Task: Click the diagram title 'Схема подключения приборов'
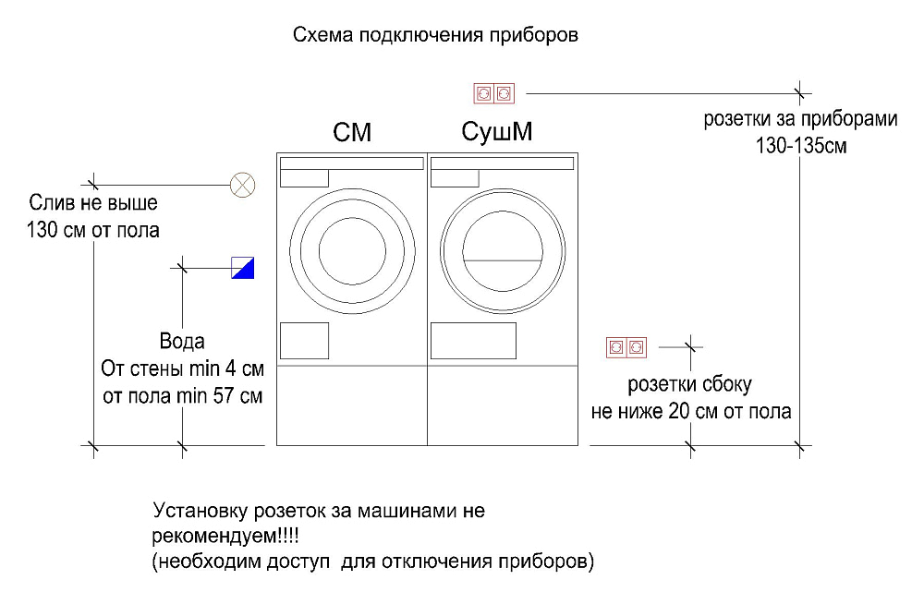click(435, 36)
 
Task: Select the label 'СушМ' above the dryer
click(497, 133)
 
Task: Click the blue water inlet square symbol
click(242, 267)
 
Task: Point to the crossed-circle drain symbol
click(242, 185)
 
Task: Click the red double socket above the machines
click(493, 92)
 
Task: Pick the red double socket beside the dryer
click(626, 347)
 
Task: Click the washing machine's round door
click(352, 250)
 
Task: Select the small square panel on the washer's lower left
click(304, 340)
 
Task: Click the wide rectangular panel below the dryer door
click(473, 340)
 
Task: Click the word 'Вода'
click(182, 343)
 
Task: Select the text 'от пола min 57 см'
click(182, 398)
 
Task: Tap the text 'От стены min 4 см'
click(182, 370)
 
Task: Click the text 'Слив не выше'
click(93, 202)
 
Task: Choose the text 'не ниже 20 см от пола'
click(690, 411)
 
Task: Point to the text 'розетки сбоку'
click(690, 383)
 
